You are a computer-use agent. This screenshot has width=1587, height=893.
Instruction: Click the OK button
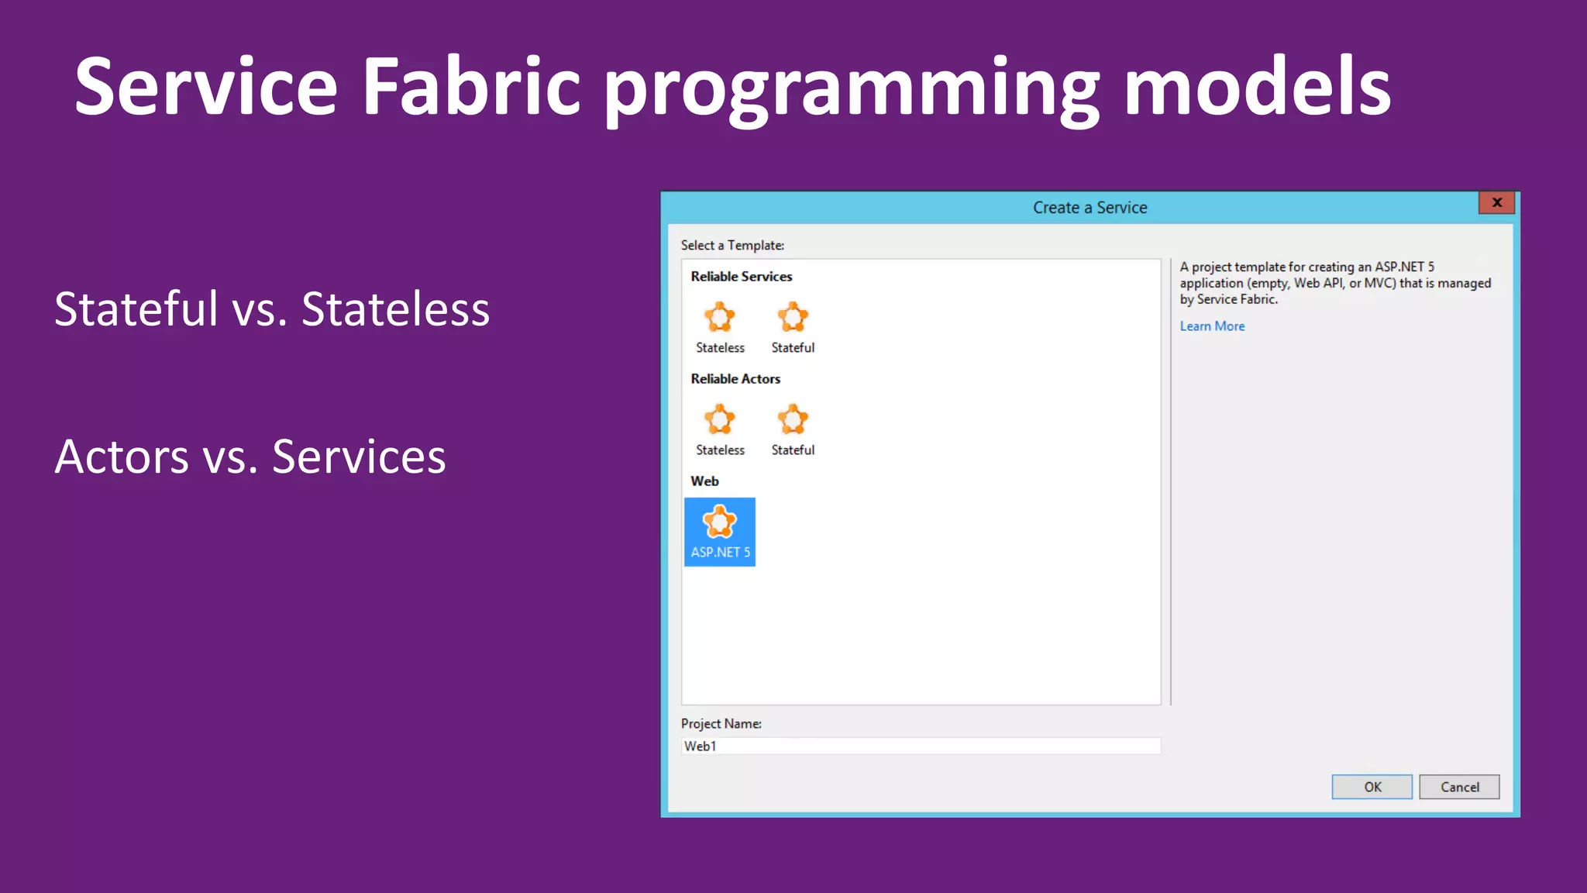point(1372,787)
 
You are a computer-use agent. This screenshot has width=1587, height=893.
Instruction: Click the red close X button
point(1496,203)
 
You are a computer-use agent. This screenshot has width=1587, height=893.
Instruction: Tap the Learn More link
point(1212,326)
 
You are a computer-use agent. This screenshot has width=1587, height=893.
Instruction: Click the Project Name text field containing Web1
point(921,746)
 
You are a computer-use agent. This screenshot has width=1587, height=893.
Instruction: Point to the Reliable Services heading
point(742,277)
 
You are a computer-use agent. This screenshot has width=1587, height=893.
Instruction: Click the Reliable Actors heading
point(735,379)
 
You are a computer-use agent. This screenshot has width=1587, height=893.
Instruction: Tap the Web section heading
point(704,481)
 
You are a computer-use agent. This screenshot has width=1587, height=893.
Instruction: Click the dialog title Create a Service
point(1090,208)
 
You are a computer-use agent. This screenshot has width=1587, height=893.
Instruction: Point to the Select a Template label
point(732,246)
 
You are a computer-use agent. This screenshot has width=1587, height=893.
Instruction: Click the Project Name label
point(721,724)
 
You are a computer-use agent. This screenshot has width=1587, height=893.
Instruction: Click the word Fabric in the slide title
point(471,87)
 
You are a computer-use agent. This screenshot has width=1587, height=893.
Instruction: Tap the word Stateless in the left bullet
point(395,309)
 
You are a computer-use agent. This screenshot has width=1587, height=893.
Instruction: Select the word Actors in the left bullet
point(122,457)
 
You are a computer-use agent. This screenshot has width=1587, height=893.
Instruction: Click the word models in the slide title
point(1256,87)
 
